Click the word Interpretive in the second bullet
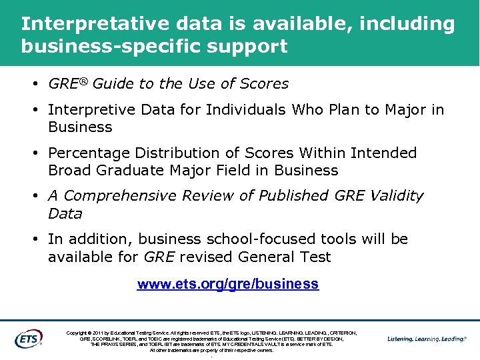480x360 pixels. [x=89, y=109]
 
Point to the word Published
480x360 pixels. [x=292, y=196]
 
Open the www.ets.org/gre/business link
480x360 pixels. [x=228, y=284]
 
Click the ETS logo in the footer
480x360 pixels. [x=29, y=338]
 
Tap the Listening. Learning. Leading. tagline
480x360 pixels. [x=427, y=339]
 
